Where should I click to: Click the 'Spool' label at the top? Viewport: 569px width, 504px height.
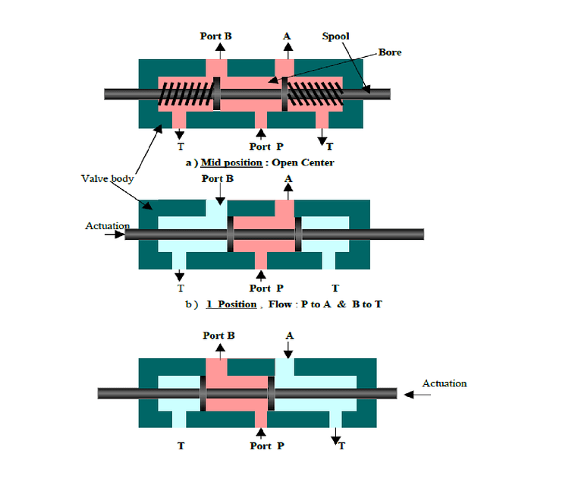(x=336, y=36)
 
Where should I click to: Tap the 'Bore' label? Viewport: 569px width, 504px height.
(x=389, y=52)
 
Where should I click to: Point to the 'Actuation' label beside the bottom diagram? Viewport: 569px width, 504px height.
(x=444, y=383)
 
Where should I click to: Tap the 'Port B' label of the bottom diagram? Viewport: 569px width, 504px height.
(x=218, y=335)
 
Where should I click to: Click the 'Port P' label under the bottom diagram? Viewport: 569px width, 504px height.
(x=267, y=446)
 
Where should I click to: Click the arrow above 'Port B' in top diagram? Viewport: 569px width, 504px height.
(x=220, y=50)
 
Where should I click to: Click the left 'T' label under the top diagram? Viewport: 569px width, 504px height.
(x=180, y=146)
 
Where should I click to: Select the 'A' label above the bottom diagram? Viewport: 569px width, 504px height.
(x=288, y=335)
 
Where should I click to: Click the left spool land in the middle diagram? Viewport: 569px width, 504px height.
(x=230, y=235)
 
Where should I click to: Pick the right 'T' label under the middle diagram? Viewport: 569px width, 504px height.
(x=335, y=288)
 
